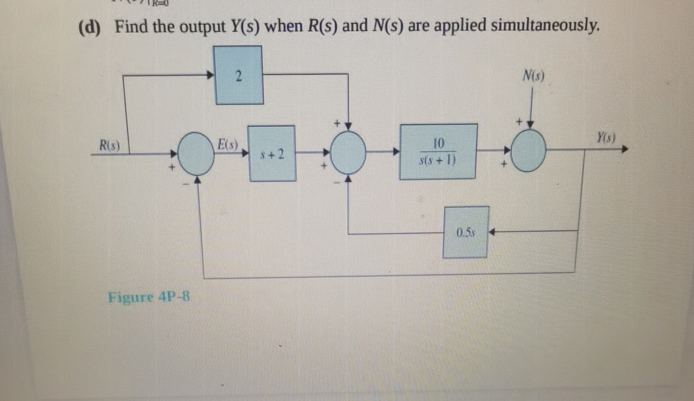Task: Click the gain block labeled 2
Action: tap(239, 75)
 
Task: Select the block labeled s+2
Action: tap(272, 154)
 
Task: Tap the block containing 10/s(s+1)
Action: tap(438, 151)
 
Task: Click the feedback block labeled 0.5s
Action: tap(465, 232)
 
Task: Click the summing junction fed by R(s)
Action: tap(196, 154)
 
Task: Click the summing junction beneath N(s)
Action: tap(528, 151)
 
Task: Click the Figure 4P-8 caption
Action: tap(149, 297)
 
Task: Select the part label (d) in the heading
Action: tap(90, 26)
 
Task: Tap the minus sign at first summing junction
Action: tap(186, 184)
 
